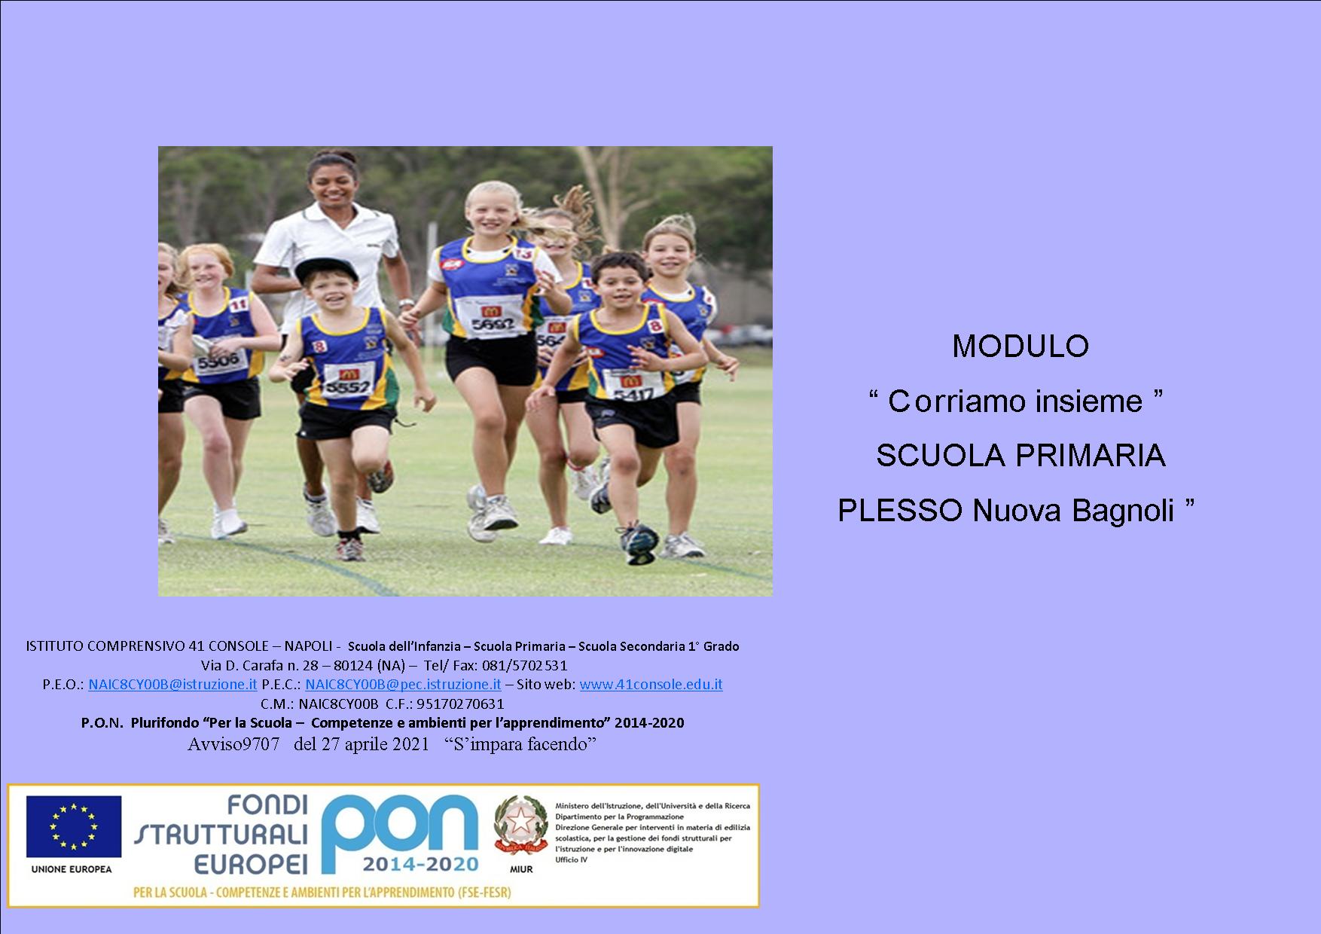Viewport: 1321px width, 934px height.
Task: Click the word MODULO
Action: click(1020, 346)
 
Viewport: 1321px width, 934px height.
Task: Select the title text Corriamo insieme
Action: click(1015, 401)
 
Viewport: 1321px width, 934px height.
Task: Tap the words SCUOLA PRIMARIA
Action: click(1020, 456)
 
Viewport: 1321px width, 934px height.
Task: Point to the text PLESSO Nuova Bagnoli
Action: click(1006, 511)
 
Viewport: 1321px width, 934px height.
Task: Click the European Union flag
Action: click(74, 826)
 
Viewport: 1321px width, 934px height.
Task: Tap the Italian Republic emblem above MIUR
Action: click(520, 825)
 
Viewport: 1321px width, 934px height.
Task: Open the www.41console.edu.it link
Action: click(651, 685)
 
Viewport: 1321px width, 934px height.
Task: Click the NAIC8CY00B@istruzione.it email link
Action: click(172, 685)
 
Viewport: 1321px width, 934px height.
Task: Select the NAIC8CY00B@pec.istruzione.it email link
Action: click(403, 685)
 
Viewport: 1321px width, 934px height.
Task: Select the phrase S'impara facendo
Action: click(521, 744)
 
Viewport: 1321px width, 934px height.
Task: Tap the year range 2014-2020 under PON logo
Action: click(420, 863)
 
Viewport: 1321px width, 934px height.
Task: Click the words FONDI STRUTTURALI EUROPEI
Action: click(221, 835)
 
